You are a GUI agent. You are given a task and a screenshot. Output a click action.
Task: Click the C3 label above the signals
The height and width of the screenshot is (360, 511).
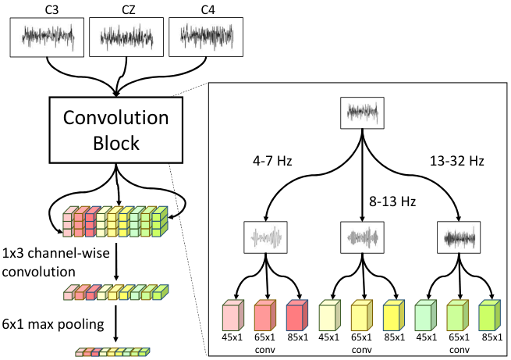tap(51, 10)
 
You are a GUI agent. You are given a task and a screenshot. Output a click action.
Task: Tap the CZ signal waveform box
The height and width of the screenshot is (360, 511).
tap(126, 37)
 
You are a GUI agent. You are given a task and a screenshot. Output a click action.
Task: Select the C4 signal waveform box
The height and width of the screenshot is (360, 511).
tap(206, 37)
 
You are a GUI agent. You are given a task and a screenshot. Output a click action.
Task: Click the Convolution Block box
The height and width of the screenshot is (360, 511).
tap(116, 130)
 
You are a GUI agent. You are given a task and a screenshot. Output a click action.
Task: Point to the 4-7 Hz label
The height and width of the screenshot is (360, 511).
tap(272, 161)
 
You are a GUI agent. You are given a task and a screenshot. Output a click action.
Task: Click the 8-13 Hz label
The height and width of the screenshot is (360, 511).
tap(392, 201)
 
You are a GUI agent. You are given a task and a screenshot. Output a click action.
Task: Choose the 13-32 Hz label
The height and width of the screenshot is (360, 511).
tap(457, 161)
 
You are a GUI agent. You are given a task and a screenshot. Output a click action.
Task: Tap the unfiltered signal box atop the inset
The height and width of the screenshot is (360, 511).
tap(362, 112)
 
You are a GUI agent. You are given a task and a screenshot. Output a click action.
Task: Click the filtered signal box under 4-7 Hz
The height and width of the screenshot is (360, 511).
tap(265, 237)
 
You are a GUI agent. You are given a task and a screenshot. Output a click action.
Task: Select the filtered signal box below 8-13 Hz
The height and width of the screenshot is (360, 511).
tap(362, 237)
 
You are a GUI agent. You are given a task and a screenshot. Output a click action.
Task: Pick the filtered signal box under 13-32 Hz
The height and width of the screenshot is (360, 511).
tap(459, 237)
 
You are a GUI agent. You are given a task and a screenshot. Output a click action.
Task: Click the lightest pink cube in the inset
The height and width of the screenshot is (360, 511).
tap(233, 315)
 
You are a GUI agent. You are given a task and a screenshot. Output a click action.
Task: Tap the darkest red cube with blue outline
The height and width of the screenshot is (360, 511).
tap(297, 315)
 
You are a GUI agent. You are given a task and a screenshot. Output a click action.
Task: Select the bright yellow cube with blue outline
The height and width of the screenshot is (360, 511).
tap(394, 315)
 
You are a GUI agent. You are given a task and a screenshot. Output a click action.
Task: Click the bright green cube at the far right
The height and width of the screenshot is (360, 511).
tap(489, 315)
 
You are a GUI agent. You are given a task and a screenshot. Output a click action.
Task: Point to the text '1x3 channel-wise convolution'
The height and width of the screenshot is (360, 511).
tap(55, 262)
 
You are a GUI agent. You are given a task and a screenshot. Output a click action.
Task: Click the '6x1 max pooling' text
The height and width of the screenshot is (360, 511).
tap(53, 324)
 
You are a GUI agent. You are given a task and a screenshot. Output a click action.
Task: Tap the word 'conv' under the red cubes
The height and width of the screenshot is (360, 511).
tap(265, 350)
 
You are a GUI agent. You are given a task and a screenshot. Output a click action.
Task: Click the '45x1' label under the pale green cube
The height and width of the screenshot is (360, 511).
tap(426, 337)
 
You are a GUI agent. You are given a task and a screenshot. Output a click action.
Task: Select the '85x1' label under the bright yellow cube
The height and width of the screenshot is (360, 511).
tap(394, 337)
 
